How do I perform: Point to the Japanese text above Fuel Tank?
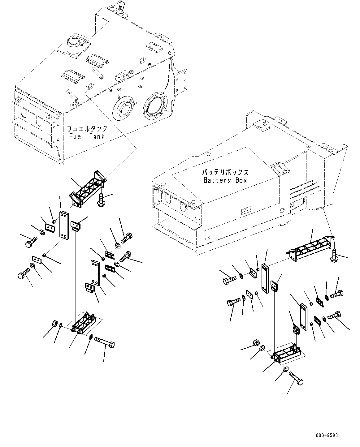pos(87,129)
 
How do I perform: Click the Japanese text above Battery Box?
pos(225,172)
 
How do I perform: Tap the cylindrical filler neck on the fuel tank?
pos(73,46)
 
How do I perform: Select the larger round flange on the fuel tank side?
pos(155,106)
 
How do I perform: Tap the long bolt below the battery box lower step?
pos(296,378)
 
